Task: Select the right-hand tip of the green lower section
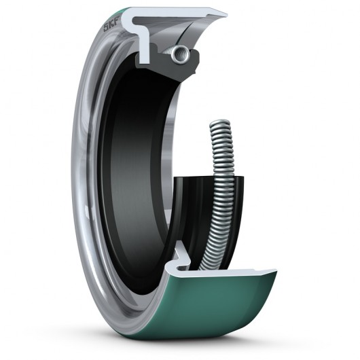pos(274,273)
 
